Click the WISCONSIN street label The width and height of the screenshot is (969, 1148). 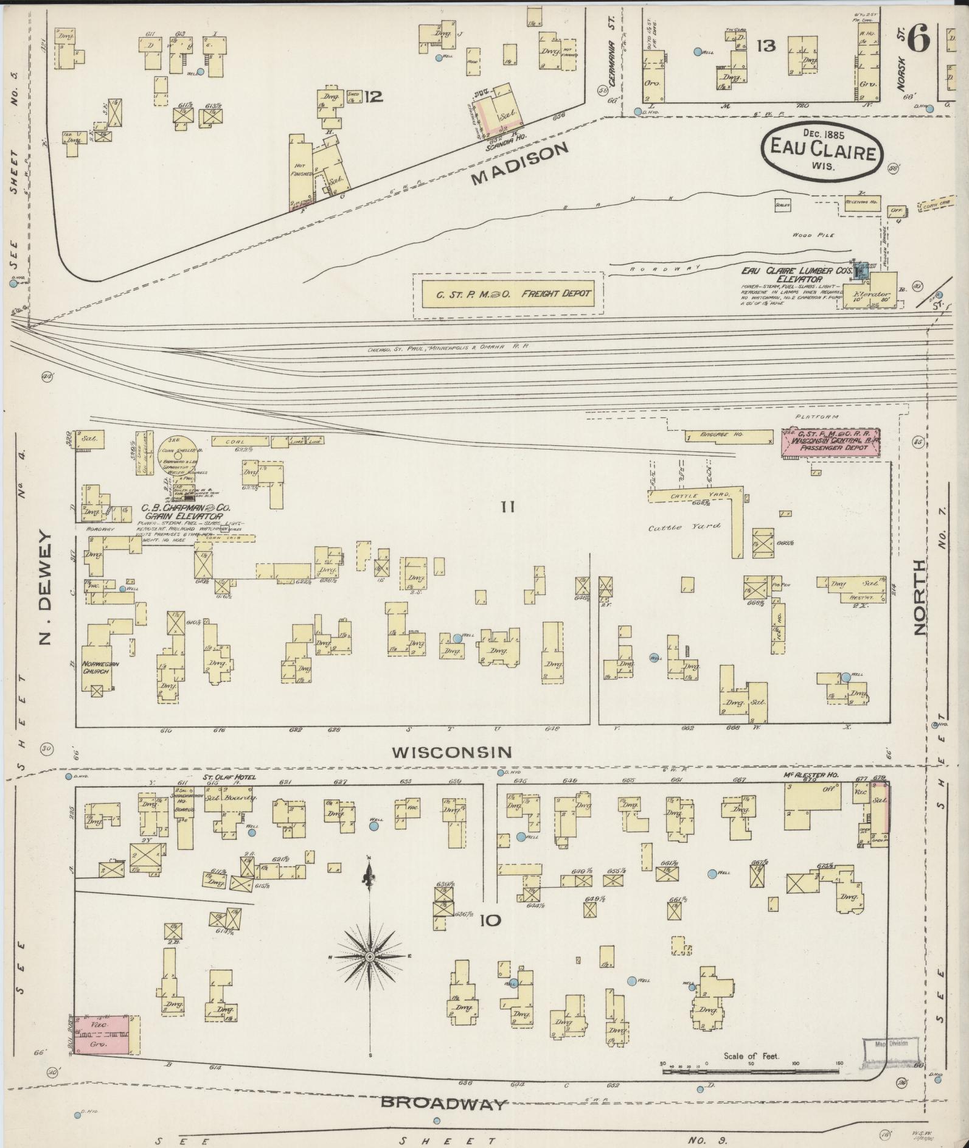coord(451,753)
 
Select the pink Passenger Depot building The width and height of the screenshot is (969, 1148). coord(830,442)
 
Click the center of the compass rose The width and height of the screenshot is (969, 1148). coord(369,958)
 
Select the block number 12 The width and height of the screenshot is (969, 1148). coord(373,96)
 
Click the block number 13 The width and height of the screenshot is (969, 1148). coord(766,45)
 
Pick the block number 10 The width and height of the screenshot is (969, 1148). coord(490,920)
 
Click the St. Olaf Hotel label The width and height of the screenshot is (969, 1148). coord(229,777)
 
